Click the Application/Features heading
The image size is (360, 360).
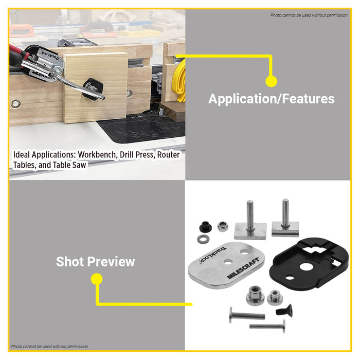click(271, 99)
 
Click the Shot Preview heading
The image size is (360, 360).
click(96, 261)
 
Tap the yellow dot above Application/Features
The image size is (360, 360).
click(271, 81)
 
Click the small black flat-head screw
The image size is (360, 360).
click(282, 311)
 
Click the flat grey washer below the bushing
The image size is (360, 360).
click(202, 239)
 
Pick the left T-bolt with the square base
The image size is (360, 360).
click(250, 224)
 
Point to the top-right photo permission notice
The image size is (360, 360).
click(309, 15)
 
